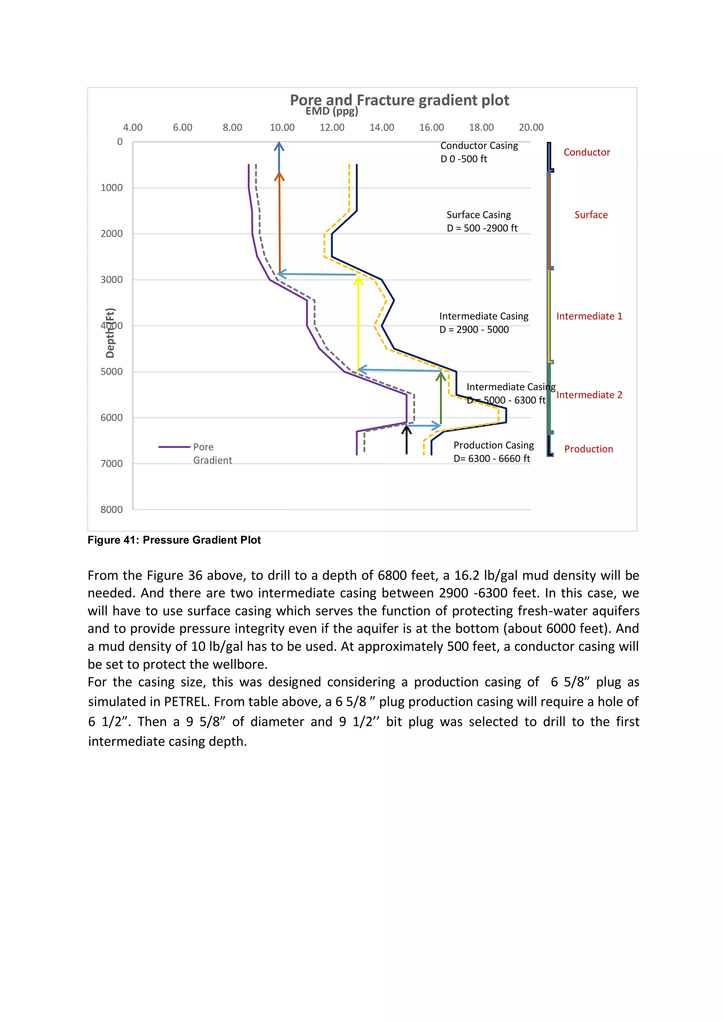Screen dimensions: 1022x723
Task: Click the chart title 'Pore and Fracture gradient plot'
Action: click(399, 100)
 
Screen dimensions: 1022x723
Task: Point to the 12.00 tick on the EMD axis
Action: click(332, 128)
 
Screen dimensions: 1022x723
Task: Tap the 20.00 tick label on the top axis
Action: click(531, 128)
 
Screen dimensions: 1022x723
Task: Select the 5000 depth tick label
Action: click(111, 372)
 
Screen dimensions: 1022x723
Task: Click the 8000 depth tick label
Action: click(111, 510)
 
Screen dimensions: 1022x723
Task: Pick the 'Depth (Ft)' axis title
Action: click(110, 333)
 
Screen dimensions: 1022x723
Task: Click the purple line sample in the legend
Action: click(174, 447)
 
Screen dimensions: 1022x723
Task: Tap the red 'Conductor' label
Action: click(586, 152)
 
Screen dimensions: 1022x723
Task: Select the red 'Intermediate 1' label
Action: click(589, 316)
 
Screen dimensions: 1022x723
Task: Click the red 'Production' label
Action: click(588, 449)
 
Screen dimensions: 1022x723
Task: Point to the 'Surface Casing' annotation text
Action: click(479, 215)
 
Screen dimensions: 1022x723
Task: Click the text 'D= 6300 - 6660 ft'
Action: click(491, 458)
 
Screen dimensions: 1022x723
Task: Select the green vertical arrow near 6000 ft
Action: click(441, 398)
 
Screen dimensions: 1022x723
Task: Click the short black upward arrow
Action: click(406, 440)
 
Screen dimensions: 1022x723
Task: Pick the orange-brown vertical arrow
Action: click(280, 223)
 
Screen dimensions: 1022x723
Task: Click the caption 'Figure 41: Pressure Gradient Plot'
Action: click(174, 540)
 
